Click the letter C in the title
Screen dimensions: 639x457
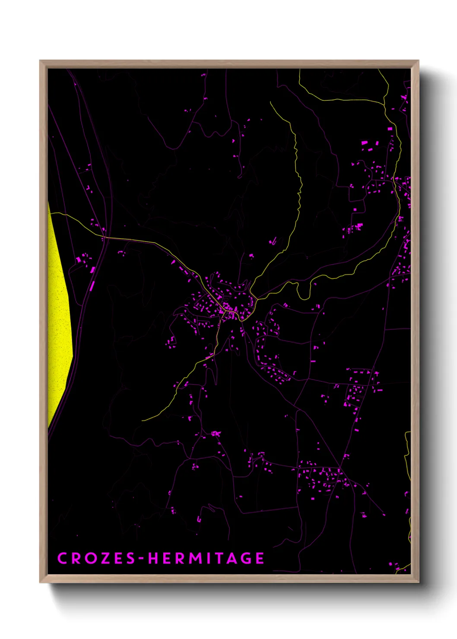tap(62, 558)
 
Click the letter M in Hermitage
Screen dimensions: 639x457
tap(195, 558)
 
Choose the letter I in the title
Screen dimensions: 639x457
tap(211, 558)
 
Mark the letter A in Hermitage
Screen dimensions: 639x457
tap(235, 558)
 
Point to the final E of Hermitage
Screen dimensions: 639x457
tap(260, 558)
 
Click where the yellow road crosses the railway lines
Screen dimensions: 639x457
tap(105, 237)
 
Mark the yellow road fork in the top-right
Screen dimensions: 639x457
tap(384, 104)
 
